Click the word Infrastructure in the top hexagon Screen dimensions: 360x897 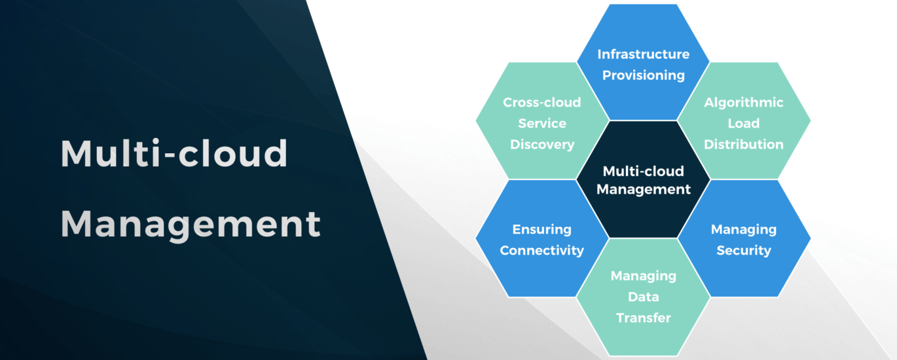[643, 54]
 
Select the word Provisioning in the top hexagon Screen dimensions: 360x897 [643, 75]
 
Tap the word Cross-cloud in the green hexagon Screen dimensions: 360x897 [541, 102]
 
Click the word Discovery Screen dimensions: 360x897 [541, 144]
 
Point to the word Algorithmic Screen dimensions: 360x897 [743, 102]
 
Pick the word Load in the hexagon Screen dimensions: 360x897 [743, 123]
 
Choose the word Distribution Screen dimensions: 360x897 [743, 144]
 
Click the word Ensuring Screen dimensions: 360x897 [541, 229]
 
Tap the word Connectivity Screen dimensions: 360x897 [541, 250]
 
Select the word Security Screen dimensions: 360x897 [743, 250]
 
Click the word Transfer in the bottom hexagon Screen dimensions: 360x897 [643, 317]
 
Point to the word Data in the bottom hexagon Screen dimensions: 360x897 [643, 297]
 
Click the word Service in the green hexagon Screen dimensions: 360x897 [541, 123]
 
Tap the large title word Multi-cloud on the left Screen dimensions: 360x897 [174, 154]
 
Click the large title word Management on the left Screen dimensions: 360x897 [191, 224]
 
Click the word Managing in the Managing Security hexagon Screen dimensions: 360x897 [743, 229]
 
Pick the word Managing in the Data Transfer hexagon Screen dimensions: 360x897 [643, 276]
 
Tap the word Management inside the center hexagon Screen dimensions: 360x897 [643, 190]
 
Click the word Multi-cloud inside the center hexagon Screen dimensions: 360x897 [643, 171]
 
